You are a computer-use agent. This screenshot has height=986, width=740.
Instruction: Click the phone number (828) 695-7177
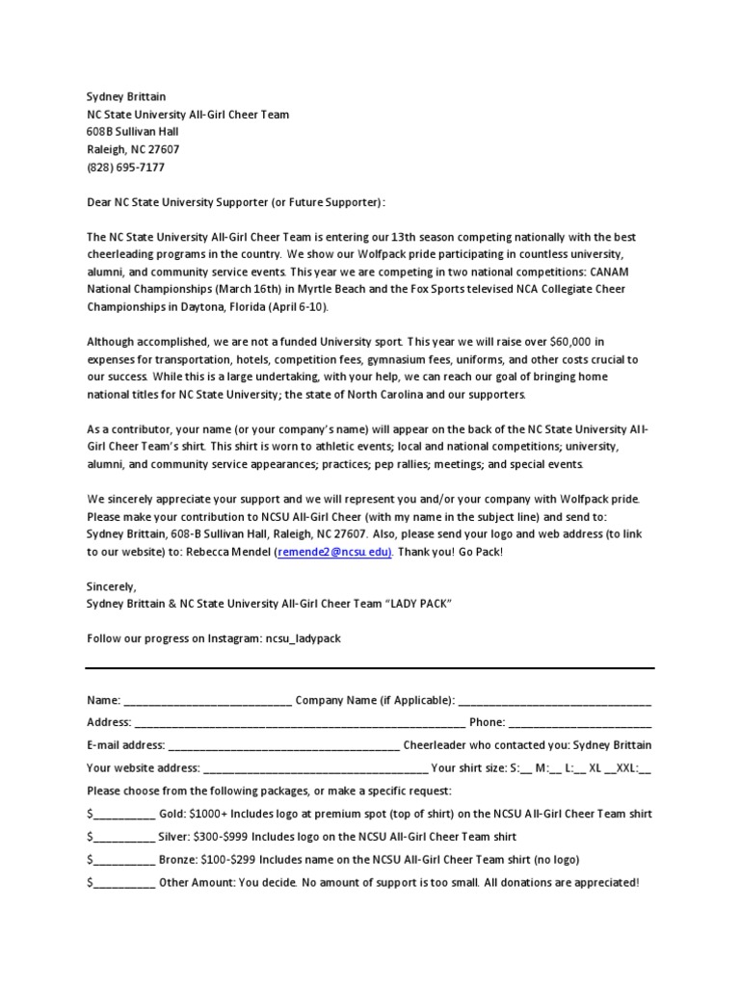coord(125,168)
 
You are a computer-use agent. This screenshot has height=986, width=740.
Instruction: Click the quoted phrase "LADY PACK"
coord(410,603)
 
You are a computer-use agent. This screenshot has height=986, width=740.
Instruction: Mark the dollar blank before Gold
coord(124,815)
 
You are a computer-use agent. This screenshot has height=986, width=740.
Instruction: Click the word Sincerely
coord(112,586)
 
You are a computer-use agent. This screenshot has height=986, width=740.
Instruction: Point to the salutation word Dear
coord(99,203)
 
